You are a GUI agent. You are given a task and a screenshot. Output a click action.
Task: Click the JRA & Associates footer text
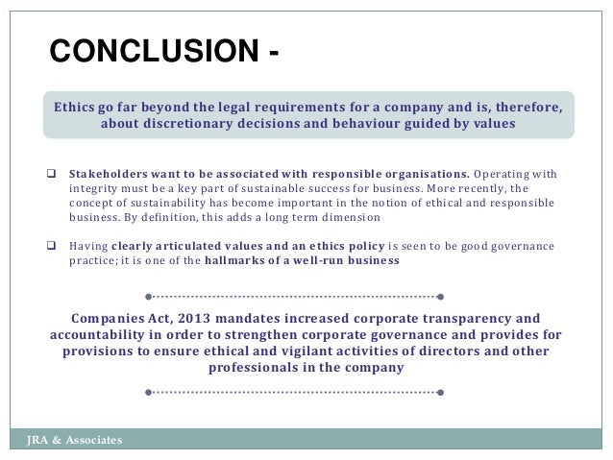[75, 440]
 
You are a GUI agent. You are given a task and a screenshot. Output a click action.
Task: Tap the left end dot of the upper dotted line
[148, 296]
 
